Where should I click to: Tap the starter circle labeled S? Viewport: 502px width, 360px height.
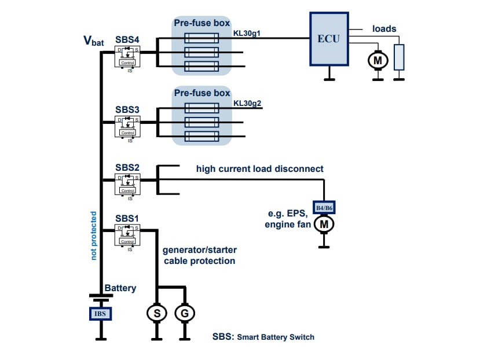pos(156,313)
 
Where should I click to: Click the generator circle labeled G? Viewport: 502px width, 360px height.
pos(185,313)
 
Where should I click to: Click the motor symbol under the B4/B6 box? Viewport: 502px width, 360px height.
pos(324,223)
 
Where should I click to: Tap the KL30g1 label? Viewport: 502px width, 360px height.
pos(247,34)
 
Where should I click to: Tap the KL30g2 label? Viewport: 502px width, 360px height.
pos(247,104)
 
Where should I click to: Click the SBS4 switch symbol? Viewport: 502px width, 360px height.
pos(127,57)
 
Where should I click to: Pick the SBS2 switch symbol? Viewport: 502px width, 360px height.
pos(127,185)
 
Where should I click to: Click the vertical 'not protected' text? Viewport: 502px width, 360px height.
pos(93,234)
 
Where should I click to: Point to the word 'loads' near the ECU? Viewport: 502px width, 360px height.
pos(384,28)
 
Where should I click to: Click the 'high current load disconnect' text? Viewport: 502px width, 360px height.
pos(259,169)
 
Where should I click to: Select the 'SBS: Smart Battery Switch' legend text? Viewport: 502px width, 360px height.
pos(263,337)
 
